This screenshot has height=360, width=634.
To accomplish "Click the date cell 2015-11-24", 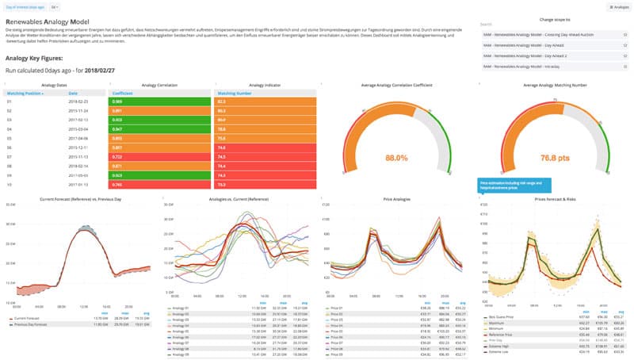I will pyautogui.click(x=78, y=110).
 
